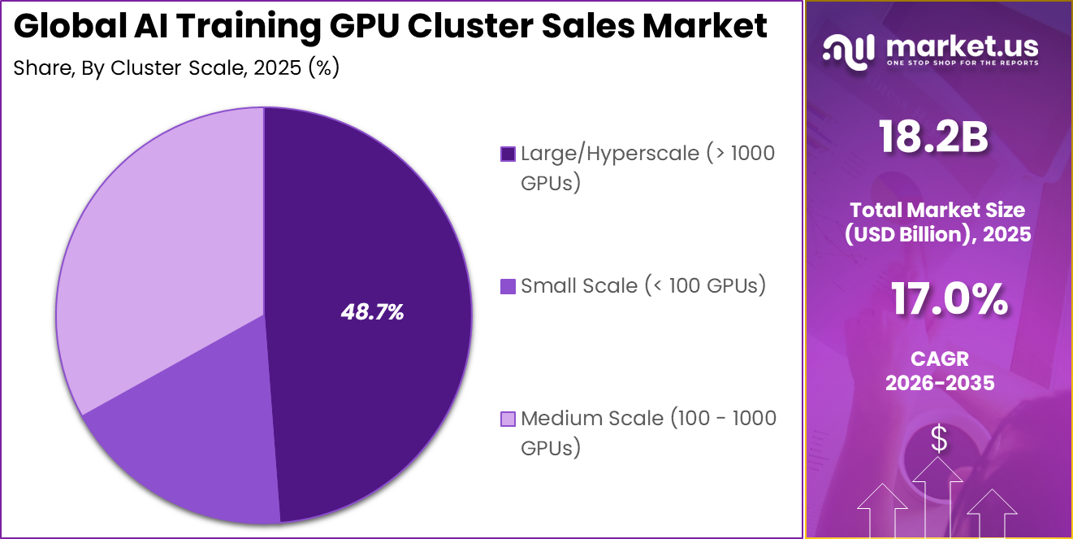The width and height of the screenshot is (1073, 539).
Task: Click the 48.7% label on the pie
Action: tap(372, 312)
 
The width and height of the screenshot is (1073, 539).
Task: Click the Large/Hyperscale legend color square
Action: tap(508, 154)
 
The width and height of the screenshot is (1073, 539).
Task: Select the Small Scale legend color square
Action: tap(508, 286)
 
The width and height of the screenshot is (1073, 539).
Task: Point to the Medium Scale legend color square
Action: tap(508, 419)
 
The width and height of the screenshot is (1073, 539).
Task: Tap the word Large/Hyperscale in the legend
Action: tap(609, 153)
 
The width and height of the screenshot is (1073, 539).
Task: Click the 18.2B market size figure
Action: tap(933, 137)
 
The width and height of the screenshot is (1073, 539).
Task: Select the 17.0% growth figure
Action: tap(949, 299)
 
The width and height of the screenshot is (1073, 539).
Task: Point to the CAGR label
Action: tap(940, 359)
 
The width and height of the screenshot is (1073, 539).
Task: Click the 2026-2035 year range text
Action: tap(940, 383)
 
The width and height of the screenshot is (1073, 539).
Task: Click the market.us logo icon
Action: tap(850, 50)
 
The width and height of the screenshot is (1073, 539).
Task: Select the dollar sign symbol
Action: tap(939, 439)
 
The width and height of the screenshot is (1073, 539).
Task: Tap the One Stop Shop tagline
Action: tap(962, 63)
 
